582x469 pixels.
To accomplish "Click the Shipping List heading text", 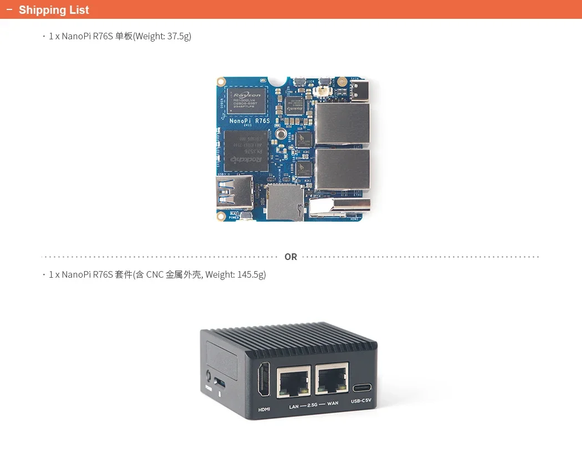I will tap(54, 10).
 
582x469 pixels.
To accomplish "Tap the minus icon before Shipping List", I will tap(9, 10).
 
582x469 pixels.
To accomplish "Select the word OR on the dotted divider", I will tap(290, 257).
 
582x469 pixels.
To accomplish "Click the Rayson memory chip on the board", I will tap(247, 100).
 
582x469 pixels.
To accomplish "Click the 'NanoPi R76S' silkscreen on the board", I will tap(249, 120).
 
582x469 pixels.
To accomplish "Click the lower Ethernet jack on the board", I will tap(343, 169).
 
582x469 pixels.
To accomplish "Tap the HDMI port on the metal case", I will tap(264, 380).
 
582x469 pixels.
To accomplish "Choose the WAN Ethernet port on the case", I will tap(332, 379).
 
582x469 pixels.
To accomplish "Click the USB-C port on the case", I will tap(361, 388).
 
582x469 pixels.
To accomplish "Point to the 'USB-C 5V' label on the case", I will tap(361, 401).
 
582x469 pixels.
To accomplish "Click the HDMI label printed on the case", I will tap(264, 410).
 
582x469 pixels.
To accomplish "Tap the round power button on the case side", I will tap(208, 375).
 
